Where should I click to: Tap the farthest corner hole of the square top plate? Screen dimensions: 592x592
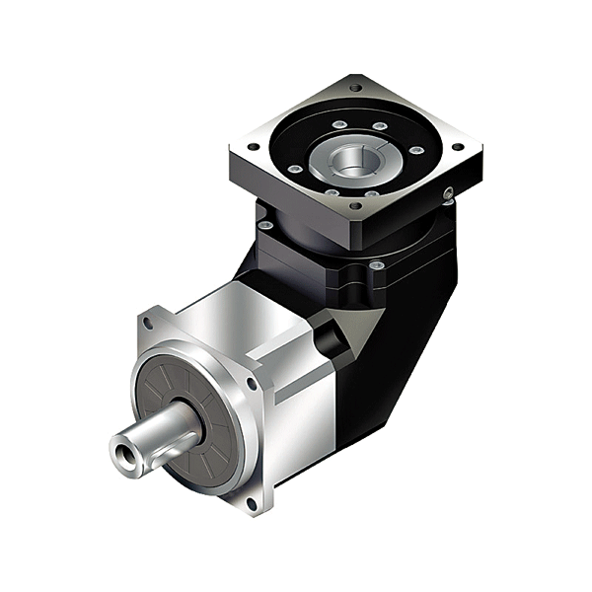click(x=355, y=88)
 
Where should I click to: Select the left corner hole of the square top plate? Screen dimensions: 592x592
click(x=254, y=146)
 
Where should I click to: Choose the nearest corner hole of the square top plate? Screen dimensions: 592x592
click(x=355, y=208)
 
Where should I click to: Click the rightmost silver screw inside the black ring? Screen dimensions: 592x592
click(x=415, y=150)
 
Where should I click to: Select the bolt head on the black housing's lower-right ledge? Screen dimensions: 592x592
click(x=376, y=264)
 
